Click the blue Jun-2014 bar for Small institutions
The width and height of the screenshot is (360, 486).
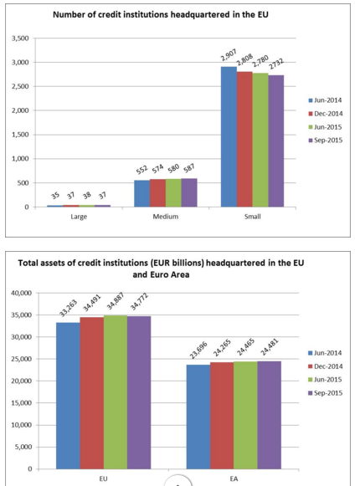229,136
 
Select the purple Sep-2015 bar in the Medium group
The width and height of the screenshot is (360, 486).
189,192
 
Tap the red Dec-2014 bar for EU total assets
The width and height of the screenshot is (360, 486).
92,392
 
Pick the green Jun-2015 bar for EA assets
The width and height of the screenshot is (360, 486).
245,415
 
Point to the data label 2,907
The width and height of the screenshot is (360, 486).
229,55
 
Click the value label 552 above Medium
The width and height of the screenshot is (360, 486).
141,170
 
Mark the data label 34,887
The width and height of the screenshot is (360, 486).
116,301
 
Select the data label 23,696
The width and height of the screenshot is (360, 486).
198,350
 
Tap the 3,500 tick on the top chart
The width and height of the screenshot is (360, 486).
20,38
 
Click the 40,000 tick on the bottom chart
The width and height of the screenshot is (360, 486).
22,293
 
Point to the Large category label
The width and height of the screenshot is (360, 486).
79,217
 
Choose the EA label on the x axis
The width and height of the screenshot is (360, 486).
234,478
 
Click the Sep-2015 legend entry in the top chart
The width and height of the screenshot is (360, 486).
326,141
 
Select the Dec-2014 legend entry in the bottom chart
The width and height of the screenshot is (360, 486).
326,366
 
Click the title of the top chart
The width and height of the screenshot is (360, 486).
161,14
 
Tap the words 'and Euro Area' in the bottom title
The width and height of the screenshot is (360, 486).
161,274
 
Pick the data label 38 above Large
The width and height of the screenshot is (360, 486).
87,195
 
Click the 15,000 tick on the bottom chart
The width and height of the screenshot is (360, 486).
22,403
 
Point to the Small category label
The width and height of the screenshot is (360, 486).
252,217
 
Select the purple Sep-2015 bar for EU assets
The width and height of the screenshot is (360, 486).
139,392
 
